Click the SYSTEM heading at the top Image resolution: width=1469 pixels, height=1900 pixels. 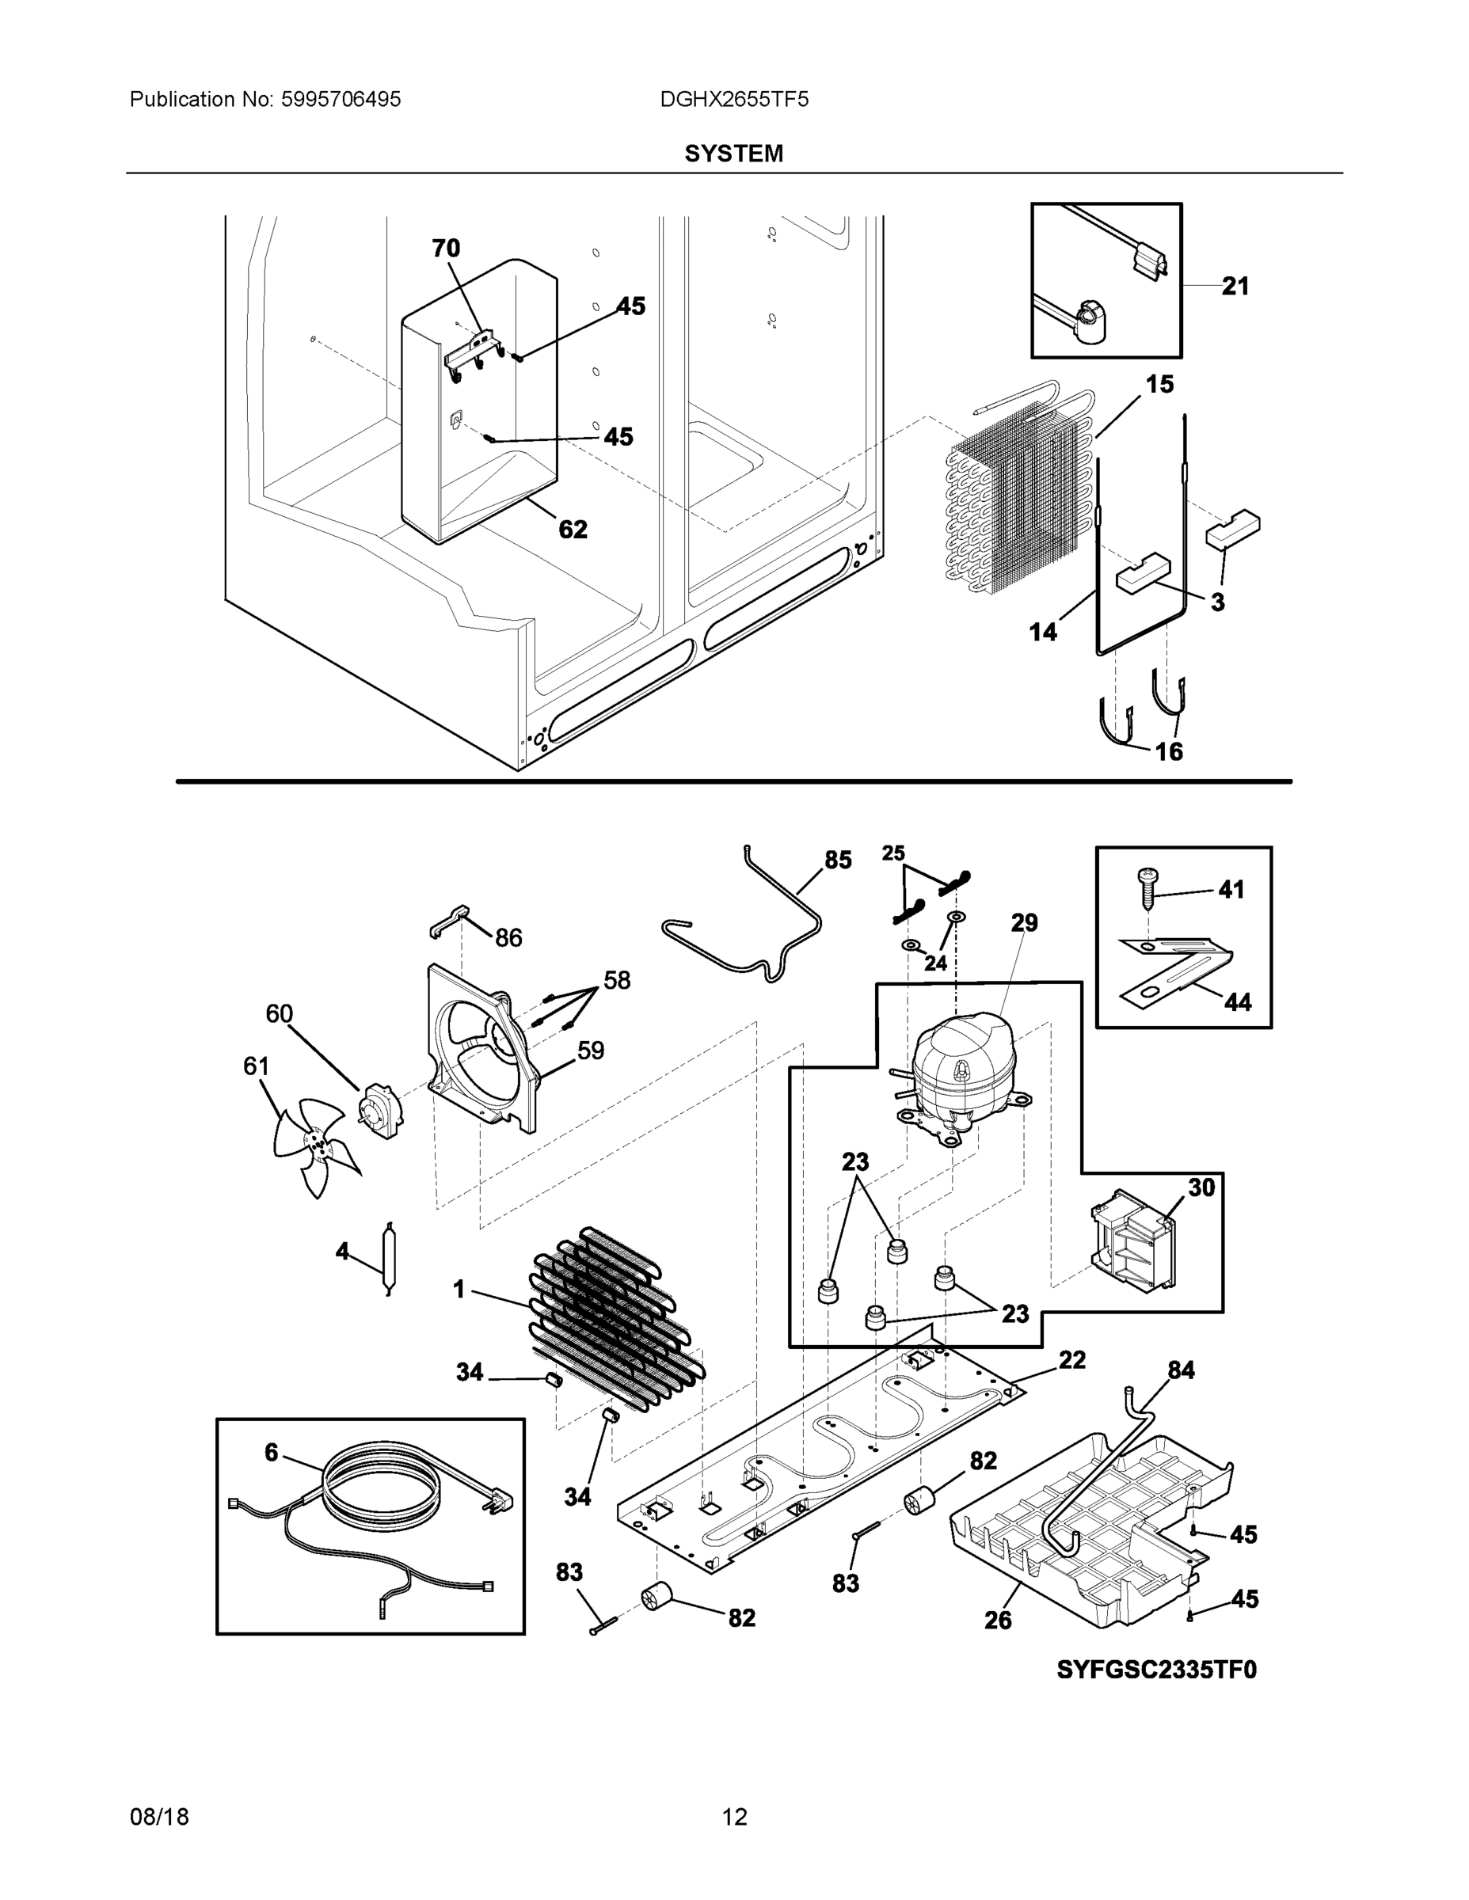point(733,154)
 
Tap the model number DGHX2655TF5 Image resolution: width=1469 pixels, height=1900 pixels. point(733,100)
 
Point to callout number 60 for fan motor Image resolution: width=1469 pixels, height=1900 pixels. point(280,1013)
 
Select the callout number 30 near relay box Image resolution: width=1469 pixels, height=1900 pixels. point(1201,1187)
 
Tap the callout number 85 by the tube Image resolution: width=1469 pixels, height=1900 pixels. point(837,861)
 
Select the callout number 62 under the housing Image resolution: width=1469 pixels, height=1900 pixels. point(573,529)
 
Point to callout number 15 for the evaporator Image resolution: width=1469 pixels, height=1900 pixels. point(1159,384)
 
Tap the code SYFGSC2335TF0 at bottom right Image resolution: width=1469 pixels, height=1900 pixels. point(1156,1670)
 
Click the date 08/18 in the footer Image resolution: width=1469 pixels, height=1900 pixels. point(159,1817)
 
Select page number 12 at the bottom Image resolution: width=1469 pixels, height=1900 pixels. point(733,1817)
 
